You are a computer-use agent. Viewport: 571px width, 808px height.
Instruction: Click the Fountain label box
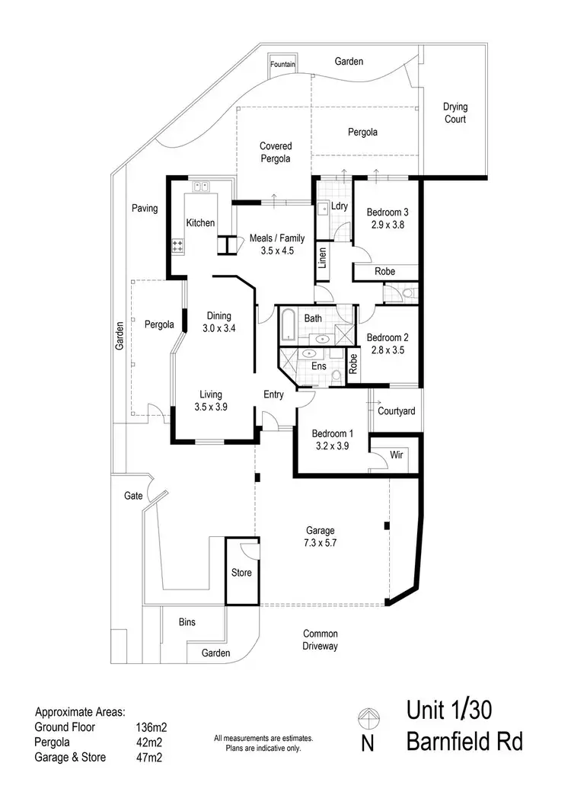(x=282, y=65)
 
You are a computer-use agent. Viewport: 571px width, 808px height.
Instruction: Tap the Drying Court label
(x=455, y=113)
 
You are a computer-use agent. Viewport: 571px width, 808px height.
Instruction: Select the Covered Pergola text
(x=276, y=152)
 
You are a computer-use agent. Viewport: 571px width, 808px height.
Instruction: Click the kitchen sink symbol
(x=201, y=186)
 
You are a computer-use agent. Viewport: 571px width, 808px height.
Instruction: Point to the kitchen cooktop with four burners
(x=179, y=245)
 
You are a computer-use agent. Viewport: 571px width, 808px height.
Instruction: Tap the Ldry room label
(x=339, y=206)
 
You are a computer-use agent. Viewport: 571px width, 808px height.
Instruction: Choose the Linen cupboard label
(x=323, y=258)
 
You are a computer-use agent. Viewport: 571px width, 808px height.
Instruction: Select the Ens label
(x=320, y=366)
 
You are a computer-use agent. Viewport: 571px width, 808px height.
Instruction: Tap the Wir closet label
(x=396, y=455)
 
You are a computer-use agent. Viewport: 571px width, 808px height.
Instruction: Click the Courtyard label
(x=397, y=411)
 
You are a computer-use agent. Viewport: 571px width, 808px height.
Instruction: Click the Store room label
(x=241, y=573)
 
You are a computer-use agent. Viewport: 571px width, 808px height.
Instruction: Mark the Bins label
(x=187, y=622)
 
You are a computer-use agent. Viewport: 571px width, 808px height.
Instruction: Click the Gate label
(x=133, y=495)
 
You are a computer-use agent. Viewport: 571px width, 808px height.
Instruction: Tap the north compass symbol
(x=368, y=718)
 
